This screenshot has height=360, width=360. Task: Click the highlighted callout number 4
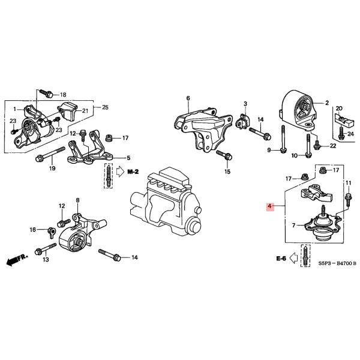click(270, 206)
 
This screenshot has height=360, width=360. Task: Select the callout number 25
click(106, 107)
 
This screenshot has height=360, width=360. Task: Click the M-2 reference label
click(133, 172)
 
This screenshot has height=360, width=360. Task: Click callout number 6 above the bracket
click(188, 98)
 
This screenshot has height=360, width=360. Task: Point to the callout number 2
click(328, 103)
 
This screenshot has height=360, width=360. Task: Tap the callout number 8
click(77, 200)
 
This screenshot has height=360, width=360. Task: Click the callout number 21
click(85, 110)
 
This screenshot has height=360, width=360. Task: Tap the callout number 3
click(245, 104)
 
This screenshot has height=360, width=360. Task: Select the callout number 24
click(350, 134)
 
